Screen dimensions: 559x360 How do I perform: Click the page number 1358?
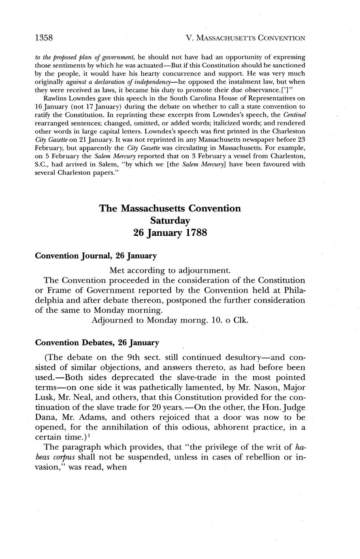point(44,38)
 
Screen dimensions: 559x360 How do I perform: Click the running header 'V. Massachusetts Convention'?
point(245,38)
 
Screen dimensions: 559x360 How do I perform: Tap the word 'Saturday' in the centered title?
point(170,221)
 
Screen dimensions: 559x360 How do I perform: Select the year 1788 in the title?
point(193,233)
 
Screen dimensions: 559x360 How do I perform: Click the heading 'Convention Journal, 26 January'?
point(96,256)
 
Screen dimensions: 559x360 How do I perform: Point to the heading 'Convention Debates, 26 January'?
point(97,343)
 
